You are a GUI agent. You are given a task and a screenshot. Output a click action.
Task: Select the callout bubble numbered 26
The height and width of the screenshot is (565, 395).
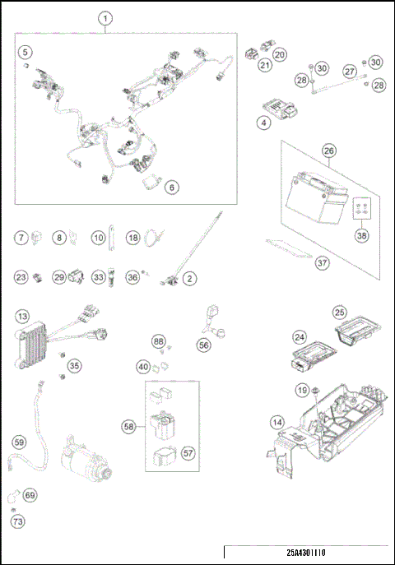(328, 151)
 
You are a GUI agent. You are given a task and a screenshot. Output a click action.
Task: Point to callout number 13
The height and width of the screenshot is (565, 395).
(23, 316)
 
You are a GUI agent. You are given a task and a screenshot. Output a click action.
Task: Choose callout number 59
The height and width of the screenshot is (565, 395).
(19, 441)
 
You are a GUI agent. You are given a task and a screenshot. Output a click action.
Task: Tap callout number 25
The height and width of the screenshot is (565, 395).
(338, 313)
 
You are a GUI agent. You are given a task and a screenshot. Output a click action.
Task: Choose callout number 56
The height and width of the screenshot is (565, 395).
(203, 347)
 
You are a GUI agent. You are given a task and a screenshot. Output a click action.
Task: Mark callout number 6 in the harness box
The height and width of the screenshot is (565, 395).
(172, 187)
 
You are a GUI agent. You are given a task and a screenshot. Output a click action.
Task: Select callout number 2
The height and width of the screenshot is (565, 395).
(190, 279)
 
